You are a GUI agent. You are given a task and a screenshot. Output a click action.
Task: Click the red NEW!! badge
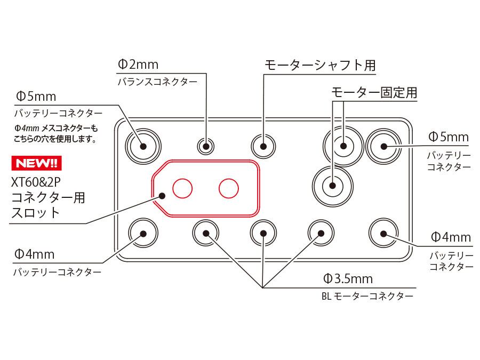35,162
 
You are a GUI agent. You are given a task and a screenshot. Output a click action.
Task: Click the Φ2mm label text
138,65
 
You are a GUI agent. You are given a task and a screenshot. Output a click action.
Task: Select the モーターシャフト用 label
320,66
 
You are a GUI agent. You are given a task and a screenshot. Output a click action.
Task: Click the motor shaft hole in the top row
263,145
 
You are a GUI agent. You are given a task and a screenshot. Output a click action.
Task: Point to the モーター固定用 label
374,92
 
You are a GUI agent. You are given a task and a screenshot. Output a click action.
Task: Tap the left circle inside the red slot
182,188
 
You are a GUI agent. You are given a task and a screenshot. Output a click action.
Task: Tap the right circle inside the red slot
228,188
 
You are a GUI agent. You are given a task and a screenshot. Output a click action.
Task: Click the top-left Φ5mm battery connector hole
142,145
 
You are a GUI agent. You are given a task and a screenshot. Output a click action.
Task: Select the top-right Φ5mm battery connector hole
383,145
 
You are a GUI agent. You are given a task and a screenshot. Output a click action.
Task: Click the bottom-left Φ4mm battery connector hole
142,233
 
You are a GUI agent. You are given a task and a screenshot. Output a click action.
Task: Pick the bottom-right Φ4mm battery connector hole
383,233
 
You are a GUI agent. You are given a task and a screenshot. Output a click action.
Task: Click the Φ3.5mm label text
348,278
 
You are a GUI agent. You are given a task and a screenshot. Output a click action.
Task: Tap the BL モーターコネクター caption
367,297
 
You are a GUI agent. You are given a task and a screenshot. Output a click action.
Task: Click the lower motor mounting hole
333,186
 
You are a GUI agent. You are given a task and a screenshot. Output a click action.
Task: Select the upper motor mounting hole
343,145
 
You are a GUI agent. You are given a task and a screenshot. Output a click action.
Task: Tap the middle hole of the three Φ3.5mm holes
263,233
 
